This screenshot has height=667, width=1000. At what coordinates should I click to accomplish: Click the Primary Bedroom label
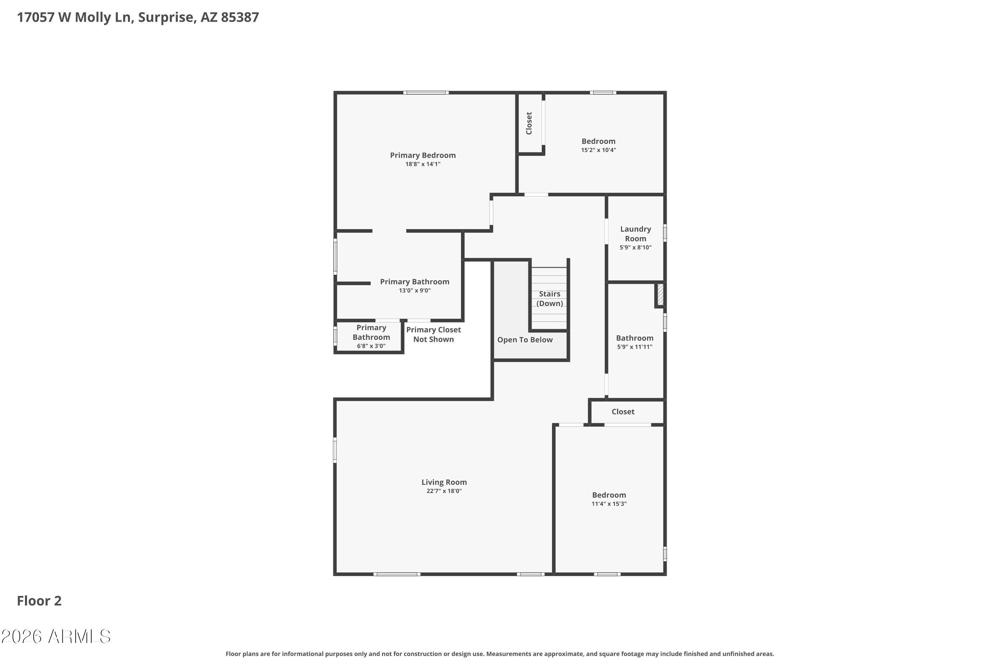[423, 155]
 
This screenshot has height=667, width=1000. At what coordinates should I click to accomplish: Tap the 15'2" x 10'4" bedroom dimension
[598, 150]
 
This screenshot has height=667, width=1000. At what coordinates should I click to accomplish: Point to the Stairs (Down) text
[549, 298]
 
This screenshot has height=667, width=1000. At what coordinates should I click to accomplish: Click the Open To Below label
[525, 340]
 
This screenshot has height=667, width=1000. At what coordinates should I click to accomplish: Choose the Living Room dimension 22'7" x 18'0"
[444, 491]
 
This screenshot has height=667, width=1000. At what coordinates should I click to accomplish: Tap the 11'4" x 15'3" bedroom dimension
[609, 504]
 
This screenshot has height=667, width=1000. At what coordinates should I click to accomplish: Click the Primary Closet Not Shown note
[433, 335]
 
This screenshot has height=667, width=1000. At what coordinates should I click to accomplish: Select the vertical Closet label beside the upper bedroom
[529, 123]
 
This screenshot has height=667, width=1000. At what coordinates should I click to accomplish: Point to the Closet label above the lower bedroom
[623, 412]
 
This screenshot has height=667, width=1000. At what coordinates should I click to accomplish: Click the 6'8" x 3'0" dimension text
[371, 346]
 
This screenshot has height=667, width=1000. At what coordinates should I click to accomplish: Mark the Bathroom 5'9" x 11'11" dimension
[634, 347]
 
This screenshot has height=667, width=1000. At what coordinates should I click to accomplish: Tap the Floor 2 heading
[39, 601]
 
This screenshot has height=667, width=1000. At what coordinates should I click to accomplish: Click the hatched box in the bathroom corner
[660, 294]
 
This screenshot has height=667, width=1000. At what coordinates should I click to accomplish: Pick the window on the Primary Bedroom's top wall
[426, 93]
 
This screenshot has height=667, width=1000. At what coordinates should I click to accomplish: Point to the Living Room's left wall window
[335, 450]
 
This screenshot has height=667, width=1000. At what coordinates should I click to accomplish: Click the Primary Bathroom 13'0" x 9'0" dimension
[415, 290]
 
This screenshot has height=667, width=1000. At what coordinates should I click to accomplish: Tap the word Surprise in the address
[167, 17]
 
